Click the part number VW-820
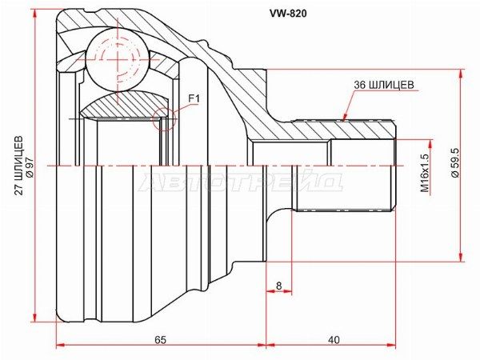(x=287, y=13)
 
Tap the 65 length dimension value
(x=160, y=340)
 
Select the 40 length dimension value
(x=334, y=340)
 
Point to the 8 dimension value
(x=278, y=286)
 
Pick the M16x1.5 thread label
(x=425, y=172)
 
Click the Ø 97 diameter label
(x=29, y=166)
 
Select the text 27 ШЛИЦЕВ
(x=19, y=166)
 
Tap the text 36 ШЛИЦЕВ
(x=384, y=85)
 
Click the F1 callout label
(x=194, y=98)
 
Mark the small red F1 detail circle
(x=164, y=119)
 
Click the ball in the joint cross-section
(x=118, y=60)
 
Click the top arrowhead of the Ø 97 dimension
(x=35, y=14)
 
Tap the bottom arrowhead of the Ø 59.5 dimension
(x=461, y=257)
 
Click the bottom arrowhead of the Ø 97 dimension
(x=35, y=317)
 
